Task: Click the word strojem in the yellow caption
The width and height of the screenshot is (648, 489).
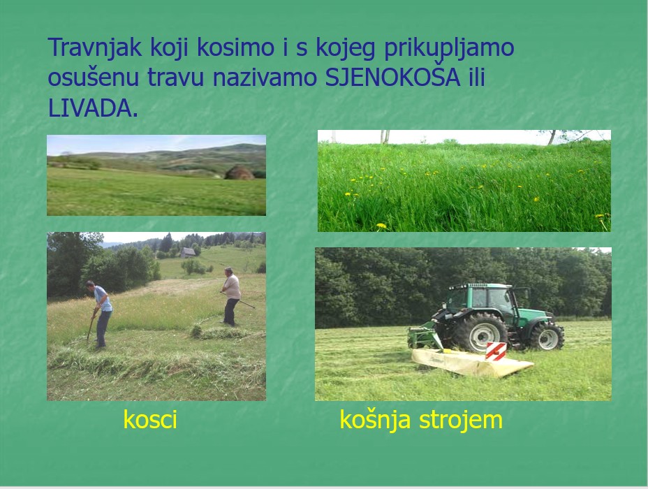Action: tap(461, 420)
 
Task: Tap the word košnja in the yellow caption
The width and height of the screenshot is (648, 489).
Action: tap(375, 420)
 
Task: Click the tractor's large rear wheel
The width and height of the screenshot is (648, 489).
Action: tap(480, 332)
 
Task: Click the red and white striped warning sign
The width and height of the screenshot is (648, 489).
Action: tap(496, 351)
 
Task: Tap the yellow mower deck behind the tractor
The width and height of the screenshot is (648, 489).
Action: tap(472, 362)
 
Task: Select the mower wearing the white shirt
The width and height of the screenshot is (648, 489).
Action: tap(231, 296)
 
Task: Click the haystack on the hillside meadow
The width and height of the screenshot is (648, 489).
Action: tap(239, 173)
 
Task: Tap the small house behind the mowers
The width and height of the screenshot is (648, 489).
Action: tap(188, 252)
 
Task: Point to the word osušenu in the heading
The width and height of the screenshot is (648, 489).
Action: tap(93, 78)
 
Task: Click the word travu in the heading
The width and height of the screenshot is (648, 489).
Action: tap(176, 78)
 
